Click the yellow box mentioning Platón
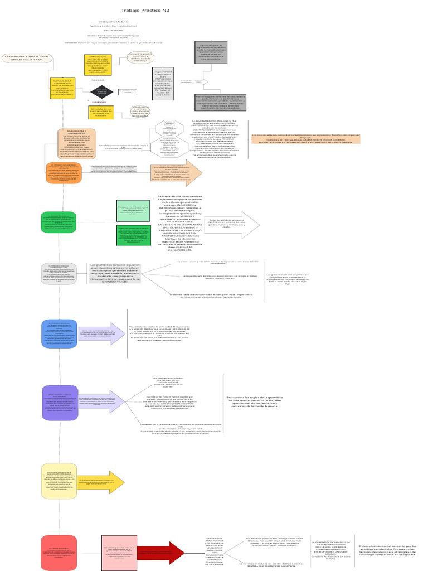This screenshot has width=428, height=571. pyautogui.click(x=99, y=65)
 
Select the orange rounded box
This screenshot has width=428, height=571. pyautogui.click(x=64, y=173)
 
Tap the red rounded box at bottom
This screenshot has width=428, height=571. pyautogui.click(x=59, y=552)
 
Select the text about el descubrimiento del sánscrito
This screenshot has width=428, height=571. pyautogui.click(x=387, y=550)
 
